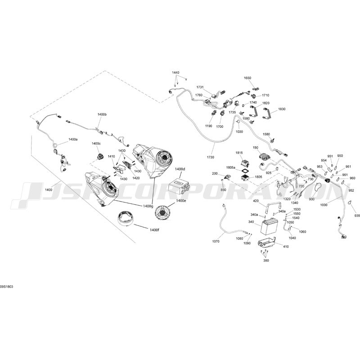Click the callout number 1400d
coord(180,169)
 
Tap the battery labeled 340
coord(270,227)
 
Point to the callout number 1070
coord(216,241)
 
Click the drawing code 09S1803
coord(7,287)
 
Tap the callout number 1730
coord(210,157)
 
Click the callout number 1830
coord(282,109)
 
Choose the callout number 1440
coord(175,72)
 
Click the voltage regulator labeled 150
coord(265,157)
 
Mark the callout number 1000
coord(324,205)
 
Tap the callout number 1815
coord(239,153)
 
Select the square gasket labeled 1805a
coord(244,171)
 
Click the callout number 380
coord(266,261)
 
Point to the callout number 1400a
coord(73,139)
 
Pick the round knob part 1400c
coord(100,157)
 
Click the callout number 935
coord(357,216)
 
